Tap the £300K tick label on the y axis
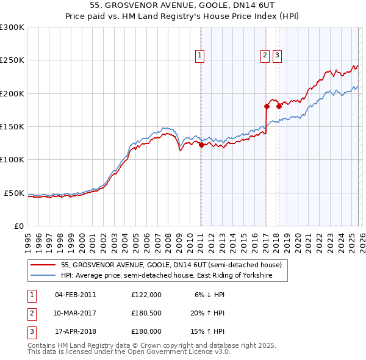(x=12, y=27)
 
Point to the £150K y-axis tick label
(x=12, y=126)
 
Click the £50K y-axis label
(x=14, y=193)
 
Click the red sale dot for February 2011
(x=201, y=145)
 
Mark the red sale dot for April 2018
(x=279, y=106)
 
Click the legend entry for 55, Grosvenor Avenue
(x=171, y=265)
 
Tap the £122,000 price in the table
(x=146, y=295)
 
